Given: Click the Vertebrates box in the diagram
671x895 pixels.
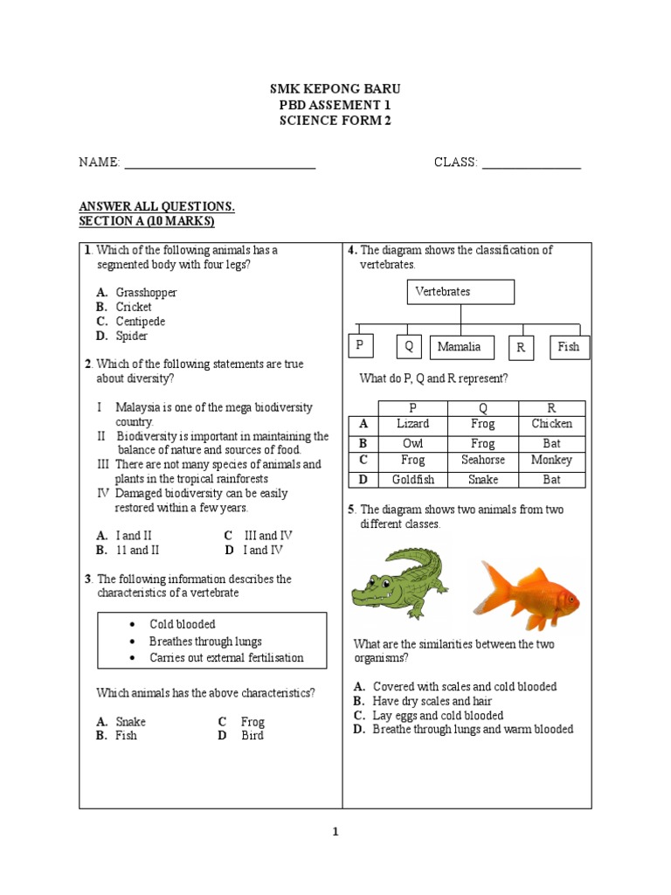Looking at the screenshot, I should point(460,292).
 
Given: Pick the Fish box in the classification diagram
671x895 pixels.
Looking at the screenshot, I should point(569,347).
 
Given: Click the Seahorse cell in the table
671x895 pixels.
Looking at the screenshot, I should point(482,460).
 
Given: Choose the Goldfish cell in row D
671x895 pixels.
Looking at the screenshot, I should point(412,479).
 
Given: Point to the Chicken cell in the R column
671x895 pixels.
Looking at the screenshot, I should point(551,424).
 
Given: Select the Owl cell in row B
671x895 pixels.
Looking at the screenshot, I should point(412,443).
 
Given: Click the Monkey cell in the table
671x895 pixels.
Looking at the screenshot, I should point(551,460).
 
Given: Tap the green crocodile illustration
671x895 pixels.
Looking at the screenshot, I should point(398,580).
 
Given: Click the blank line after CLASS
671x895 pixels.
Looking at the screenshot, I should point(531,163).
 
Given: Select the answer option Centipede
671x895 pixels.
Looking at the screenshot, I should point(140,322).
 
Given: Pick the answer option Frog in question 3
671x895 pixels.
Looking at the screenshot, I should point(252,722).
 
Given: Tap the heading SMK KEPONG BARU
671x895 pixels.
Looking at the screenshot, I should point(335,90).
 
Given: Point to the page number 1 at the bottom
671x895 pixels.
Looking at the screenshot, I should point(335,832).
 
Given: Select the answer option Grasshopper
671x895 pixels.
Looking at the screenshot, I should point(146,293).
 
